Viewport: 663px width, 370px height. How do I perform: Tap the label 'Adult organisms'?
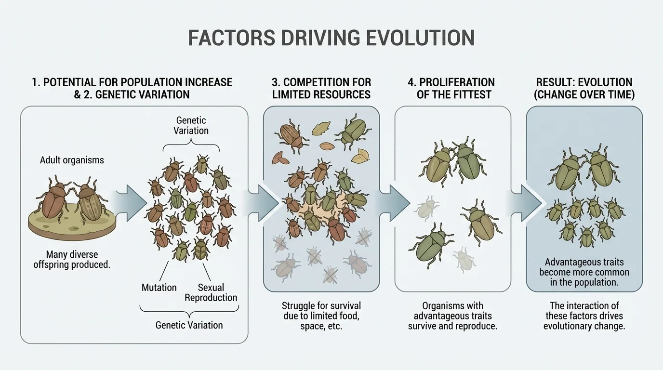coord(72,160)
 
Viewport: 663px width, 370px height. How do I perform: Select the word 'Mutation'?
coord(159,288)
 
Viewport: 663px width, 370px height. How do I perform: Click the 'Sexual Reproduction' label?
coord(211,292)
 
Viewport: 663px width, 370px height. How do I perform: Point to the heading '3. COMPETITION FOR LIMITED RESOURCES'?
coord(321,88)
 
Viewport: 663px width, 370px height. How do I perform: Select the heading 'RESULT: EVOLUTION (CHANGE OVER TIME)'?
coord(584,88)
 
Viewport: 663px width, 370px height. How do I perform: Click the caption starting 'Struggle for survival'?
coord(321,316)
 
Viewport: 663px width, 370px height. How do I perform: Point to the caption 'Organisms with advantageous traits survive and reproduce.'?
coord(452,316)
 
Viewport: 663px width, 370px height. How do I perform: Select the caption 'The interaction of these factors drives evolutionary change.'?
coord(584,316)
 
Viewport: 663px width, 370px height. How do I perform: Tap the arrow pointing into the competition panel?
coord(263,202)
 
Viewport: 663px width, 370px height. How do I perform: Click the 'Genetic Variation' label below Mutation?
coord(189,325)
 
